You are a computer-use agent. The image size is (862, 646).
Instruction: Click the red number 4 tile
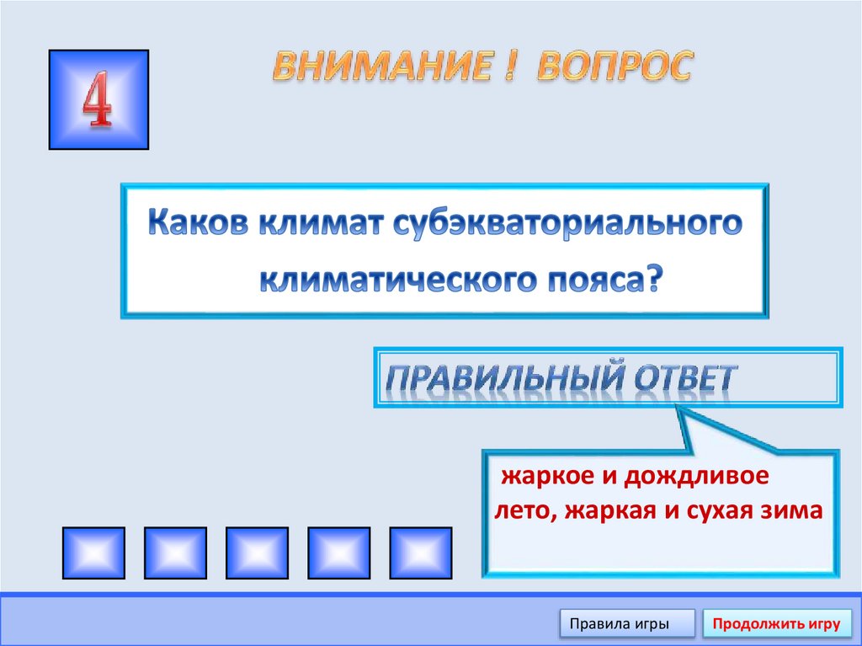click(x=98, y=99)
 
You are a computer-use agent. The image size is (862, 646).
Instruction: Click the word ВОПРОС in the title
click(x=614, y=67)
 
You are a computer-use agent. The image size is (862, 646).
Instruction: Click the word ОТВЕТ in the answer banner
click(x=682, y=380)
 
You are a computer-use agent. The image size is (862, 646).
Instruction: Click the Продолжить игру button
click(x=775, y=624)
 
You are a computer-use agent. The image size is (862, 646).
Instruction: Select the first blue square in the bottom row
click(x=93, y=553)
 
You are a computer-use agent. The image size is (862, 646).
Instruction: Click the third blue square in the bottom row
click(x=257, y=553)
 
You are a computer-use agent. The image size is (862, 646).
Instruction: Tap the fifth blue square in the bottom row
click(x=420, y=553)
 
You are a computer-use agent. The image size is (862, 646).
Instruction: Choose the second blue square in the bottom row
click(x=175, y=553)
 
